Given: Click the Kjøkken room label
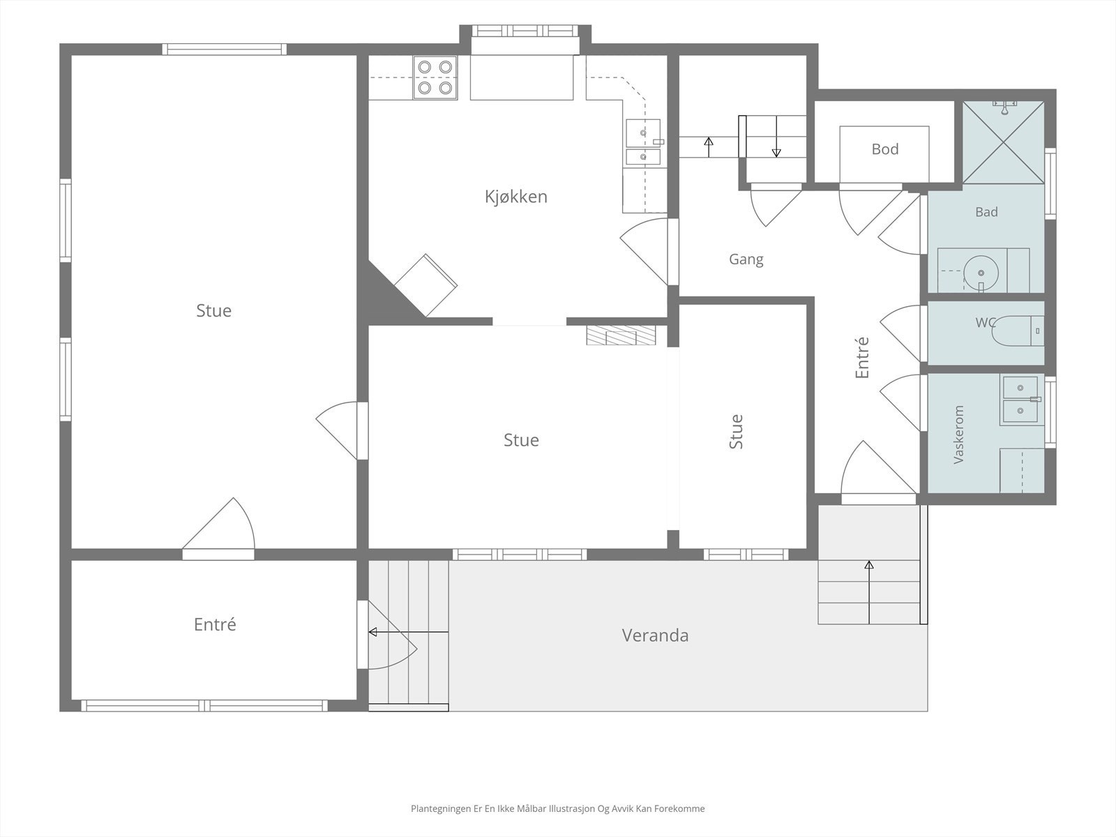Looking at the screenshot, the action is (x=515, y=197).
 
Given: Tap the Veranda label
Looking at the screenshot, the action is (x=655, y=635).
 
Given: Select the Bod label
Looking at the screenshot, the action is (x=884, y=149).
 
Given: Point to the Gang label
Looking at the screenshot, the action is (x=746, y=259).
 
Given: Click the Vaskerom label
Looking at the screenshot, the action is (x=958, y=435).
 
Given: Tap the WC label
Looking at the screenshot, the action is (x=985, y=322).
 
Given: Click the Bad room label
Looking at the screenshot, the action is (x=986, y=212).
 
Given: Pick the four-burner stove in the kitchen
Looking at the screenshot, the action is (x=435, y=77).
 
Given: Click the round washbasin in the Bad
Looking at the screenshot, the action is (x=981, y=273).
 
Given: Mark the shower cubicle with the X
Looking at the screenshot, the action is (x=1003, y=142).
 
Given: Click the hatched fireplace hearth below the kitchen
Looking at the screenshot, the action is (x=621, y=335).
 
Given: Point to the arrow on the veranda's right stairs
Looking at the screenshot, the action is (x=869, y=592).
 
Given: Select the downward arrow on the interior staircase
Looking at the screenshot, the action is (x=776, y=136).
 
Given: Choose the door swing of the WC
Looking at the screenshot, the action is (x=900, y=333).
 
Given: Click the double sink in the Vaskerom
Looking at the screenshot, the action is (x=1020, y=400).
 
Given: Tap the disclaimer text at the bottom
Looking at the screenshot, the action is (x=558, y=808).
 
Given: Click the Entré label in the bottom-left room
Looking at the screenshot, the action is (x=215, y=624).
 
